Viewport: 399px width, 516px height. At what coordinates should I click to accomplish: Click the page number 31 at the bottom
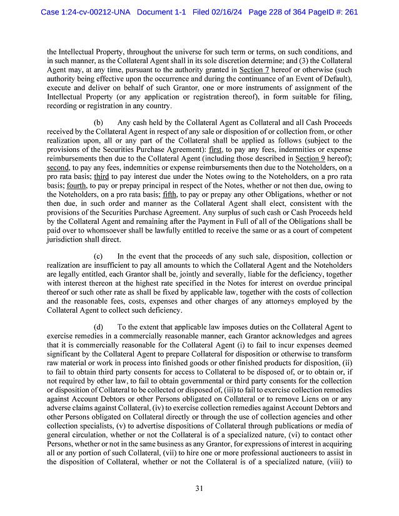(199, 488)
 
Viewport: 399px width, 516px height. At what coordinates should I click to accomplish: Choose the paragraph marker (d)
(99, 326)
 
